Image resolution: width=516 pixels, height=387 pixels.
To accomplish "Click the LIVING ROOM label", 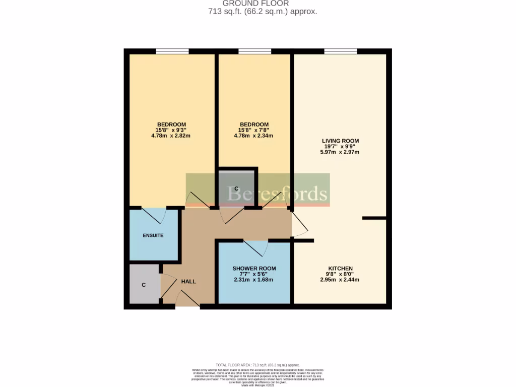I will (340, 141).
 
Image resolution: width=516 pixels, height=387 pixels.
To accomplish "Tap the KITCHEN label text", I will (340, 269).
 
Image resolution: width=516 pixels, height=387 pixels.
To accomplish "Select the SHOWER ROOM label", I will (254, 269).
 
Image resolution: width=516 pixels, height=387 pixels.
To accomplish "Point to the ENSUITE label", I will (153, 235).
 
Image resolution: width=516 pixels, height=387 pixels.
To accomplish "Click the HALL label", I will (188, 281).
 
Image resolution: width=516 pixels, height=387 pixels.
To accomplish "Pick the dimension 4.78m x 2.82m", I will (171, 135).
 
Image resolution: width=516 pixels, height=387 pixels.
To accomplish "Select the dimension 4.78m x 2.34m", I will (254, 135).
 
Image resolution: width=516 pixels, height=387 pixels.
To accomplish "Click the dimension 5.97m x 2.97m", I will (340, 152).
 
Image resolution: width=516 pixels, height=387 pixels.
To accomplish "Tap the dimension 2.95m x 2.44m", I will (340, 280).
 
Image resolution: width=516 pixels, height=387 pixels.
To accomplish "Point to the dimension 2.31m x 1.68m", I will (254, 280).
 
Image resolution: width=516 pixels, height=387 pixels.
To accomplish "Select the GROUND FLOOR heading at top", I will (255, 4).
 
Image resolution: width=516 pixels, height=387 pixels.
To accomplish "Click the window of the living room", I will (341, 51).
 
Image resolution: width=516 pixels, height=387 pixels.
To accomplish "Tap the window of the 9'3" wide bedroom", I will (172, 51).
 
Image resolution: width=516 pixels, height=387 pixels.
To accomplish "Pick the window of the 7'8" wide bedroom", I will (254, 51).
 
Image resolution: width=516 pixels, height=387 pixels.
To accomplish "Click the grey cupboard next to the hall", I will (144, 284).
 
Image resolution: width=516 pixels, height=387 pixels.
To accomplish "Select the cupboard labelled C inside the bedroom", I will (236, 188).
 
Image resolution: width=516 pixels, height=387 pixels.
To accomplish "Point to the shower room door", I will (256, 247).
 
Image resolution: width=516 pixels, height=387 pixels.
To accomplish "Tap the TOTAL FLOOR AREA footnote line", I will (257, 365).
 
